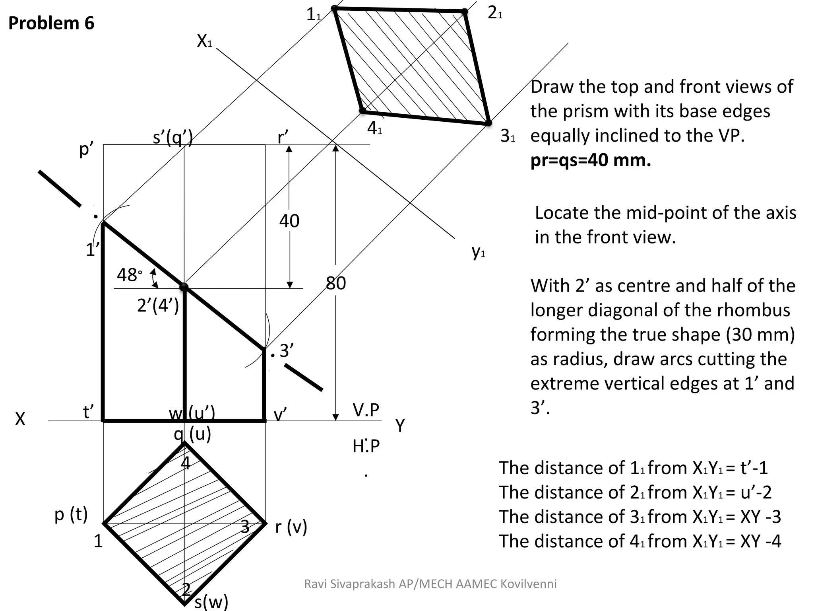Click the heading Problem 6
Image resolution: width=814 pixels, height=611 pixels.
coord(51,23)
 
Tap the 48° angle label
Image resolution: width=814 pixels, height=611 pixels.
coord(129,275)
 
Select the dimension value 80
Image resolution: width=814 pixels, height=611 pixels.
coord(336,283)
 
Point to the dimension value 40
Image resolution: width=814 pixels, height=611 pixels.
coord(289,221)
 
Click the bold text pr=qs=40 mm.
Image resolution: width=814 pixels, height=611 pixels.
coord(591,160)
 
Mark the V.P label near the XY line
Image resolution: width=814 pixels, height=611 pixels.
coord(366,410)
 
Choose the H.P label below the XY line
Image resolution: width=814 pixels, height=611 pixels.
coord(366,446)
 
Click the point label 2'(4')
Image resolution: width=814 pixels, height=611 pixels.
coord(158,305)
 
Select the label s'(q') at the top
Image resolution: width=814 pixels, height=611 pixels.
coord(173,137)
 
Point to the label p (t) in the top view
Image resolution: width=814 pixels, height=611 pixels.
coord(71,514)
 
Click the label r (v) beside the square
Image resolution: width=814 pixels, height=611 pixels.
coord(291,527)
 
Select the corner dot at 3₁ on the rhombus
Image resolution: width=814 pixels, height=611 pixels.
coord(489,123)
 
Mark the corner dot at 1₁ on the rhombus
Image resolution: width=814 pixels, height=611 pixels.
coord(334,8)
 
